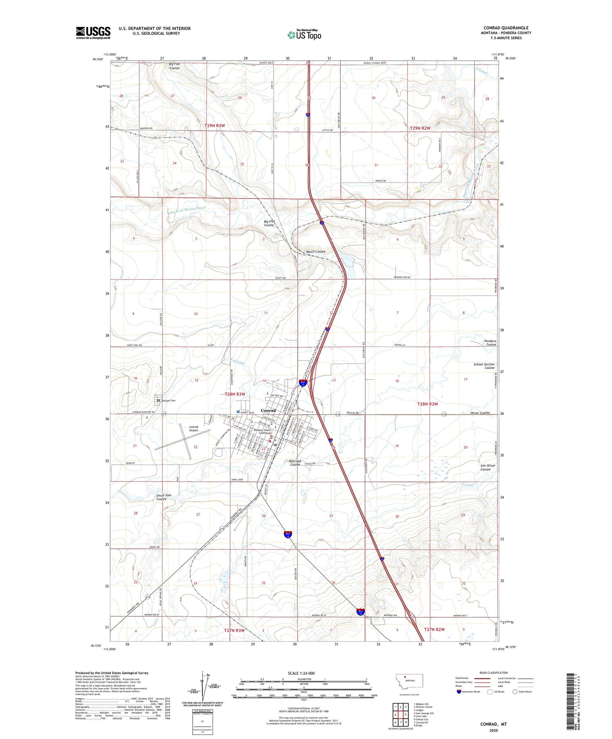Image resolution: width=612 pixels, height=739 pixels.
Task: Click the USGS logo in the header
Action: [93, 33]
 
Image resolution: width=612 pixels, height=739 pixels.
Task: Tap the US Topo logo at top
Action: [304, 35]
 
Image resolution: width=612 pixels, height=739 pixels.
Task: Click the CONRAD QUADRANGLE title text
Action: [506, 28]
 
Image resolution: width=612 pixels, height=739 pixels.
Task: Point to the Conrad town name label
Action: [268, 410]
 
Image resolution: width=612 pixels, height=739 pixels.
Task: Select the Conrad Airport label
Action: [193, 429]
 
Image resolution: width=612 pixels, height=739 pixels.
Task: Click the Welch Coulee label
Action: [316, 251]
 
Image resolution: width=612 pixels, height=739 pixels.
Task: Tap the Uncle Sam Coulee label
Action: [164, 497]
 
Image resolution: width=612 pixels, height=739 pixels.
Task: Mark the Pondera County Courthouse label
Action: [262, 432]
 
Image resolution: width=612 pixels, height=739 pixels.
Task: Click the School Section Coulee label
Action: [484, 366]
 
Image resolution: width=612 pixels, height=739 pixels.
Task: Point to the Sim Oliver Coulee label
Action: [488, 467]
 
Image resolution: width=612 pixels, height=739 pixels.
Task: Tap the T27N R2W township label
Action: [435, 630]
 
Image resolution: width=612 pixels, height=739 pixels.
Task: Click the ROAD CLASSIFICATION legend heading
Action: [494, 673]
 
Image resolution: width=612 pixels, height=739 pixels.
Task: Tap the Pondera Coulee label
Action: [490, 343]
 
